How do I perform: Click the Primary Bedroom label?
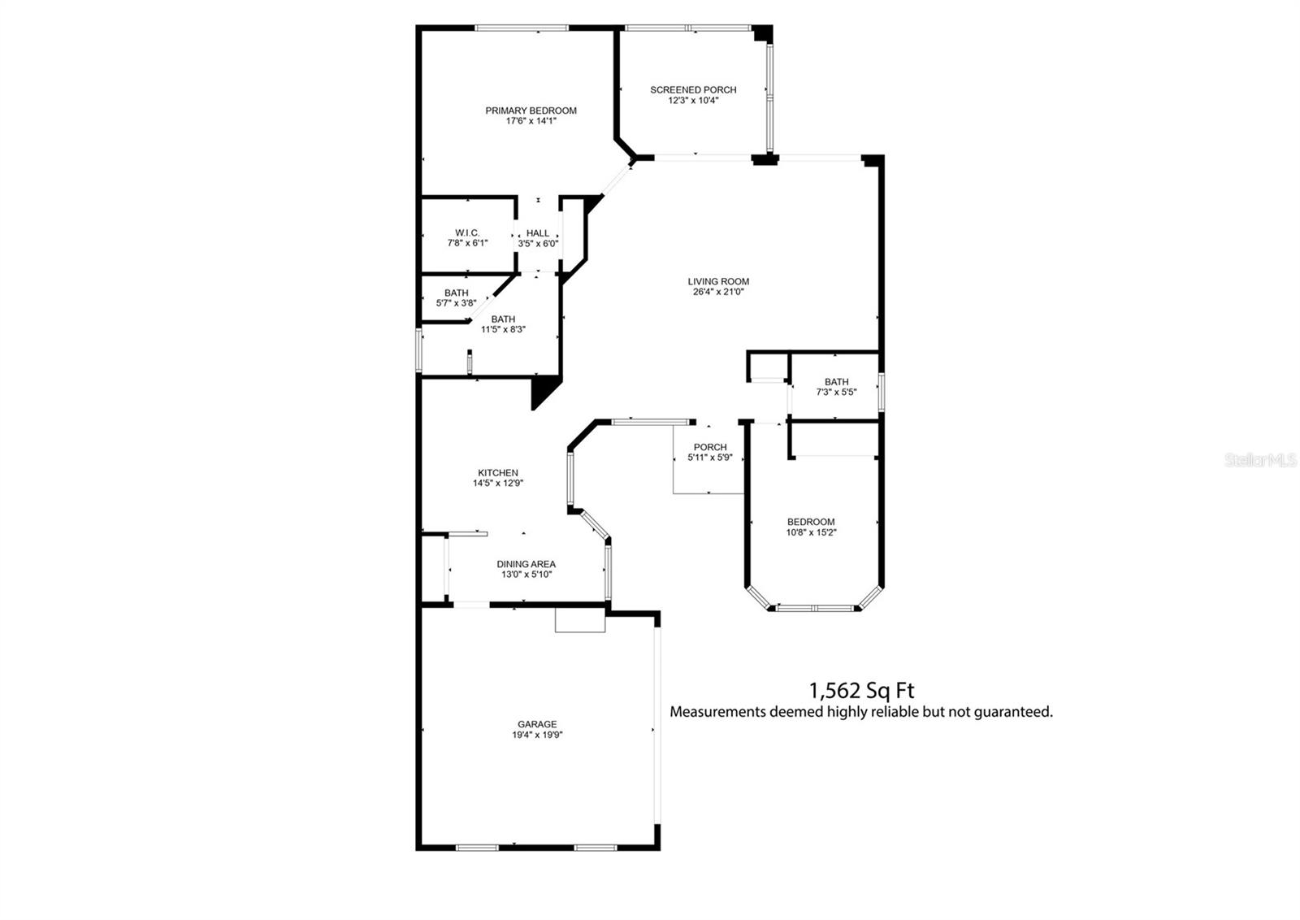point(531,111)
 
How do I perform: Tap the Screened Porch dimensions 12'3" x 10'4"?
point(693,101)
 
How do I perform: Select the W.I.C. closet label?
point(467,232)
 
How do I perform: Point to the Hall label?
point(537,233)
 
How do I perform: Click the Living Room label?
point(718,281)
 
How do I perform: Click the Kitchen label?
point(497,473)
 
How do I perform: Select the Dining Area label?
point(526,564)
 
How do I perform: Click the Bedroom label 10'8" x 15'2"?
point(810,522)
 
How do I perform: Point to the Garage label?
point(537,724)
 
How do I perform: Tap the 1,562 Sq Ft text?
point(861,691)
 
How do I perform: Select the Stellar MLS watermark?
point(1260,461)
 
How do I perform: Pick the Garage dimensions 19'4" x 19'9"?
point(537,735)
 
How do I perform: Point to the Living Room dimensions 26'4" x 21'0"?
point(718,292)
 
